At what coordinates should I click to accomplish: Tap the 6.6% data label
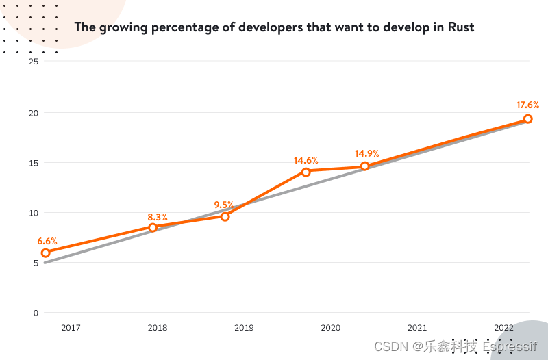tap(47, 241)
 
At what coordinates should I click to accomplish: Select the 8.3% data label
tap(157, 217)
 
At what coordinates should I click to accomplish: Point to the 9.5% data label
tap(224, 205)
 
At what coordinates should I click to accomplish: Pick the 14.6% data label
tap(306, 160)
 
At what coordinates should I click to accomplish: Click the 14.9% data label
tap(366, 153)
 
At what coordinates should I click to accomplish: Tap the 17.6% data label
tap(527, 105)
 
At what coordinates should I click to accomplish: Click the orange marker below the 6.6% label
tap(46, 253)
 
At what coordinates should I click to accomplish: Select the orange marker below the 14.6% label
tap(306, 172)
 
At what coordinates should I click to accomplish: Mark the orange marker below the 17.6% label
tap(527, 119)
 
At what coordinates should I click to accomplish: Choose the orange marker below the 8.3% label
tap(153, 227)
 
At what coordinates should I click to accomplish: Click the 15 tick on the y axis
tap(34, 162)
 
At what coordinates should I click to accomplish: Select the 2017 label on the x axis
tap(71, 328)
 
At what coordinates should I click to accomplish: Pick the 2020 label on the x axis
tap(331, 328)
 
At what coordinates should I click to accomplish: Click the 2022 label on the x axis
tap(503, 328)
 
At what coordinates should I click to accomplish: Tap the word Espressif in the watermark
tap(510, 346)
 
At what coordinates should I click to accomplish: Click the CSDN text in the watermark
tap(390, 346)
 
